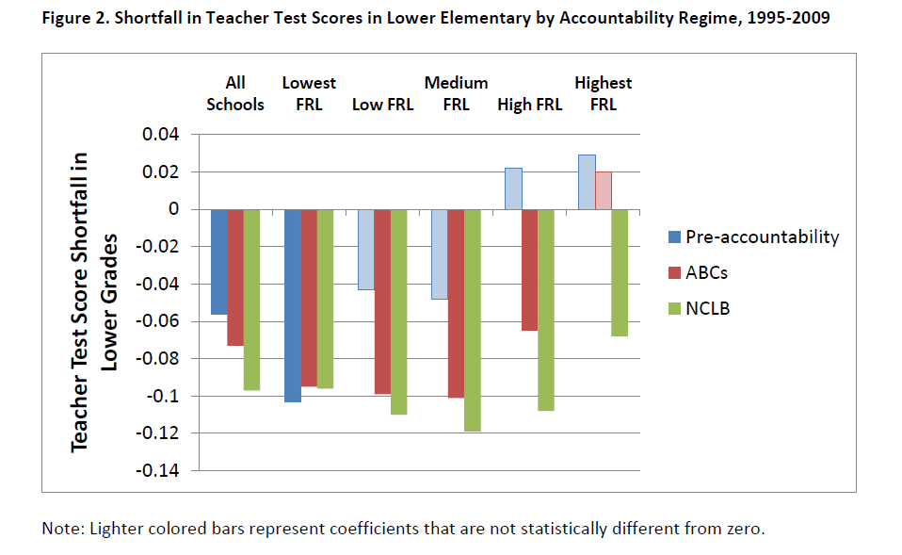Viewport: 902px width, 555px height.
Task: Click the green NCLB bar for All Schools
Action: tap(251, 300)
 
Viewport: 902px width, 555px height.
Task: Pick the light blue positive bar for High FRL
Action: tap(513, 188)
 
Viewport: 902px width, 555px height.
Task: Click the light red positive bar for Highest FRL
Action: tap(604, 190)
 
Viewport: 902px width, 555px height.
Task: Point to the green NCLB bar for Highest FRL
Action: tap(620, 272)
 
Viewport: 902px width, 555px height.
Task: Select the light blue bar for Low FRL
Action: tap(366, 249)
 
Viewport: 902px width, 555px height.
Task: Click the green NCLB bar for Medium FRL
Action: tap(473, 320)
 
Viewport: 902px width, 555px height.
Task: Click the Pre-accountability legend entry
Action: tap(762, 237)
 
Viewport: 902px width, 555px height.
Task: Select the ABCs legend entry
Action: tap(707, 273)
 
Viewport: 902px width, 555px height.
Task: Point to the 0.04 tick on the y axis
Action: tap(160, 135)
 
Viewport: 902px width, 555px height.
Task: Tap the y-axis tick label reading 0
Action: tap(172, 209)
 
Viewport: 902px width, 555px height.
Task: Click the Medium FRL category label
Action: tap(456, 93)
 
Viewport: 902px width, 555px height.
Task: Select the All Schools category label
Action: tap(235, 93)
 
